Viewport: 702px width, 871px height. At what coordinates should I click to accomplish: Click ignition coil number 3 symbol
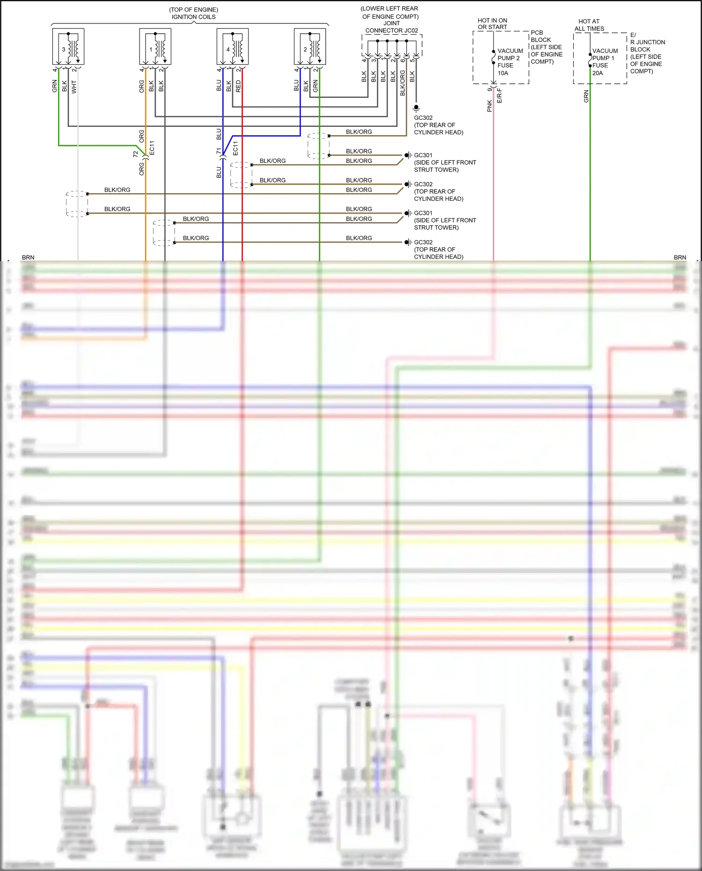[68, 47]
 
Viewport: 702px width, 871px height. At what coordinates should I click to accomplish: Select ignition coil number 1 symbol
[155, 47]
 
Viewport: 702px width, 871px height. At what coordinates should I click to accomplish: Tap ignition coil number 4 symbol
[233, 47]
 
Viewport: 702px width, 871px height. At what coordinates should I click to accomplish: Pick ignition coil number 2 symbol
[310, 47]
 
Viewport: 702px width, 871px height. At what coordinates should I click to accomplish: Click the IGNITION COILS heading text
[193, 17]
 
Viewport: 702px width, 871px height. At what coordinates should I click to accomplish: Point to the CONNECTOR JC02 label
[391, 30]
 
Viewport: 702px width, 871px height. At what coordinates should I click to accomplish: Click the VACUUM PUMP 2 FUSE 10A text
[509, 62]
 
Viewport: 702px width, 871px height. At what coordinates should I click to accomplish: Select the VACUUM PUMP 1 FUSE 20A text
[604, 62]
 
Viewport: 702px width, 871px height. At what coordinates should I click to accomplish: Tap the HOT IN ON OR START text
[492, 24]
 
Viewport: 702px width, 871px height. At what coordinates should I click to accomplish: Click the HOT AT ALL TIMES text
[589, 25]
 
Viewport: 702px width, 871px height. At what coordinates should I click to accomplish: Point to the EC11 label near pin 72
[152, 147]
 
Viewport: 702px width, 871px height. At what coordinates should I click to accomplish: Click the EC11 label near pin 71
[235, 148]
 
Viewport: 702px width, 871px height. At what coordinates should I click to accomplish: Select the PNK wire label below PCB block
[490, 106]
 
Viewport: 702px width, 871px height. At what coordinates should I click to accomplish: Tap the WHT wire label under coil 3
[74, 87]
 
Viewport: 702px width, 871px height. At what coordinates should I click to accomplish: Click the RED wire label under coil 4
[238, 86]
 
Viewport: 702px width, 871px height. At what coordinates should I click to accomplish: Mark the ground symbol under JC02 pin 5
[416, 108]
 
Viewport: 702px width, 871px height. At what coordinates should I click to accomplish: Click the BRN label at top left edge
[28, 257]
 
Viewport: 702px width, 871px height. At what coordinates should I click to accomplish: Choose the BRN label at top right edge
[680, 257]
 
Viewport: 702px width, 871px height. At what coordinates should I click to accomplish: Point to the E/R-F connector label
[499, 95]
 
